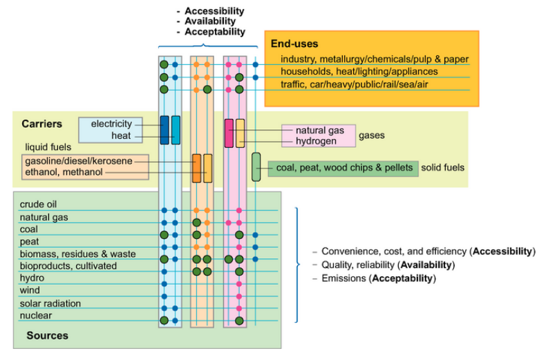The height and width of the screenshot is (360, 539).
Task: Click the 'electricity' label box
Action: [111, 124]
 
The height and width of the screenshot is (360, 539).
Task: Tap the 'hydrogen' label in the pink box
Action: [316, 141]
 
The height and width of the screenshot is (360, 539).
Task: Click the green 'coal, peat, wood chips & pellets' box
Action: [344, 168]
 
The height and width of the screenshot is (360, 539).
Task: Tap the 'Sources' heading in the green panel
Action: [47, 336]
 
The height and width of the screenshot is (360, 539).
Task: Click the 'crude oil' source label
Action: [38, 205]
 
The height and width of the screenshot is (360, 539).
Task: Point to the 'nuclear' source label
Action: [35, 316]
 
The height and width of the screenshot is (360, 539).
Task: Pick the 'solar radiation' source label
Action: [50, 303]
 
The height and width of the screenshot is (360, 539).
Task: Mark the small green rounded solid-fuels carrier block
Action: [256, 167]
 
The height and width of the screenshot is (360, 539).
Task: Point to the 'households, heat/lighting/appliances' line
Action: [359, 71]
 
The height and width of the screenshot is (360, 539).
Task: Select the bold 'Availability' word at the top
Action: [211, 21]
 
